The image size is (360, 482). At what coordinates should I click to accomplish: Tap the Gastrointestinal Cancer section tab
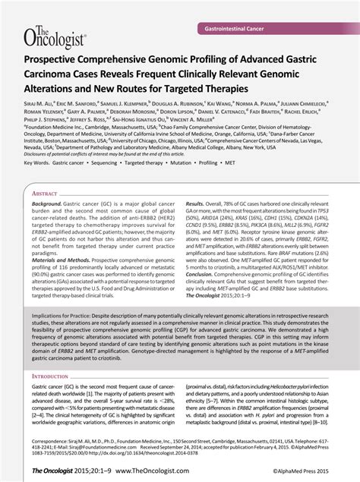click(239, 28)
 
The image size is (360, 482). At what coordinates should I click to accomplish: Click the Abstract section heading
click(45, 194)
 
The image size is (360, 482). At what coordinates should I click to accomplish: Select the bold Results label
click(195, 205)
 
